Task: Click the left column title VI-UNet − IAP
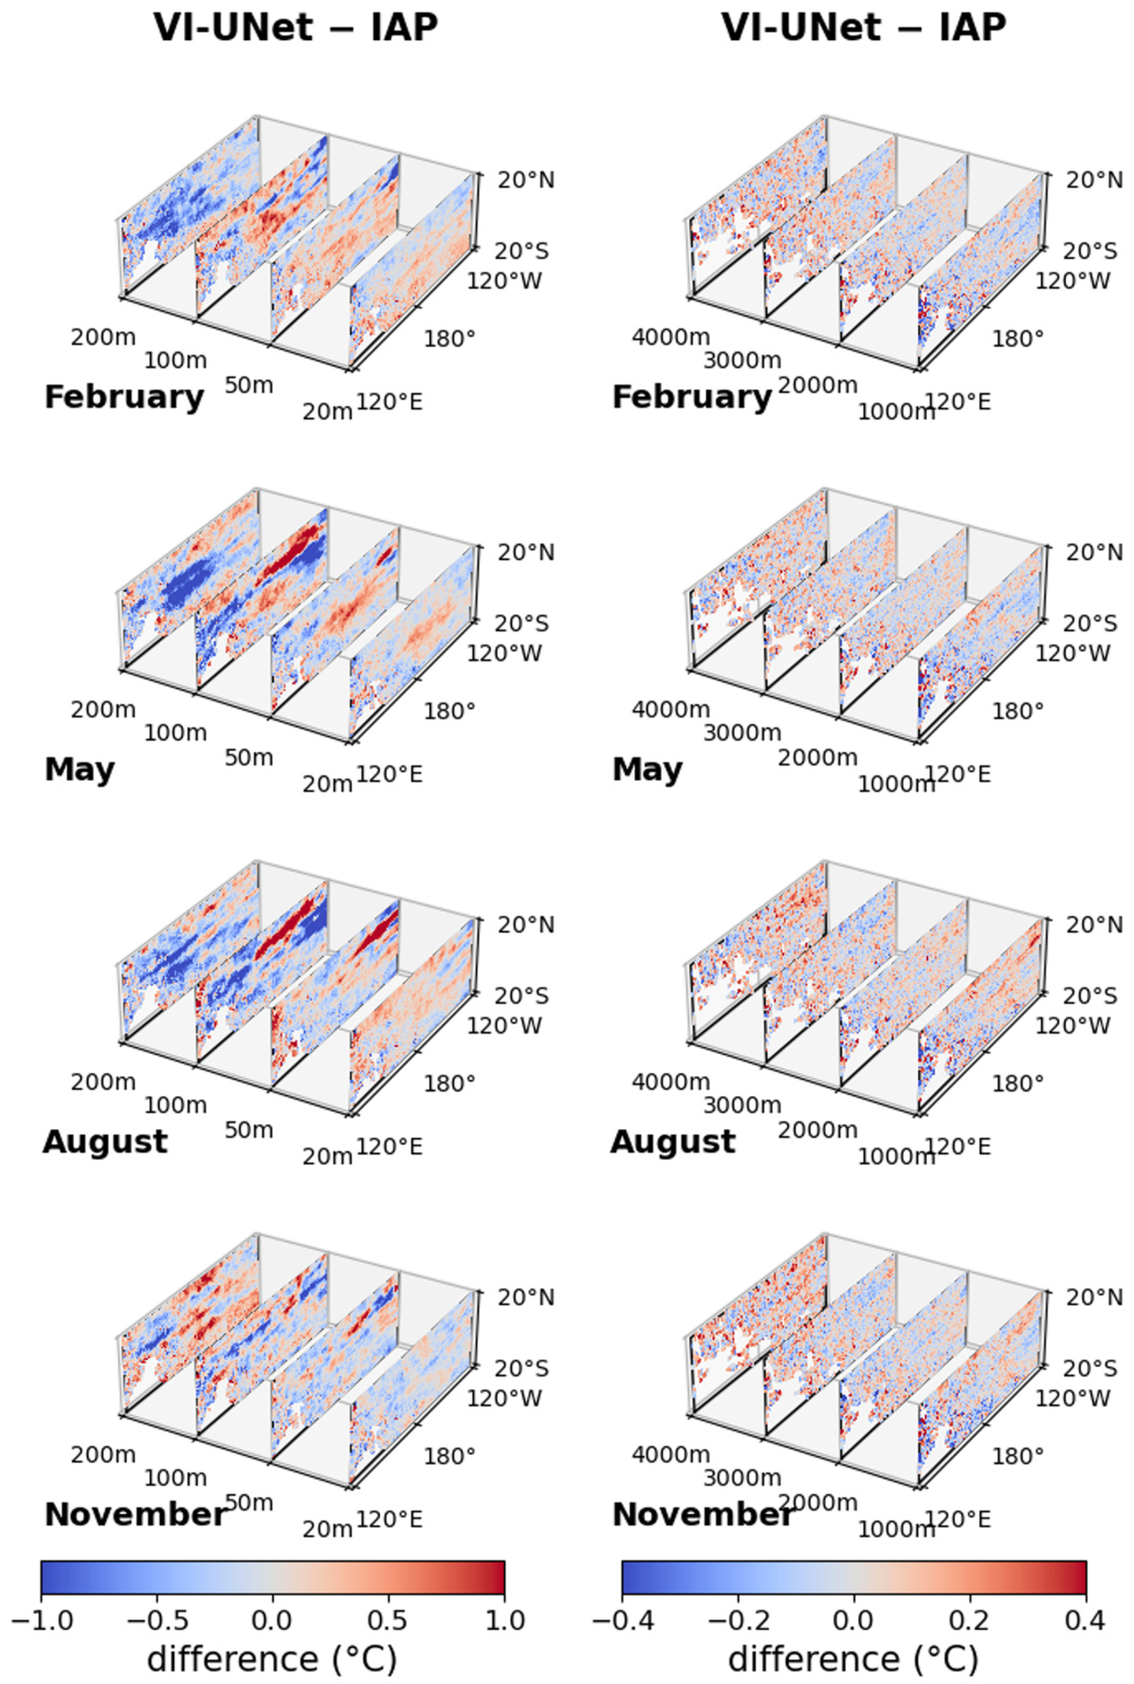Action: (x=295, y=28)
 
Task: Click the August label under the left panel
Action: (x=106, y=1141)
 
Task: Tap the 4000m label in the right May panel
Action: (x=671, y=710)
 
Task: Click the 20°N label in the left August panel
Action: (x=526, y=925)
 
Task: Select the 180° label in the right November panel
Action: (x=1018, y=1455)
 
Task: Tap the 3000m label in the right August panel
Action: (x=742, y=1105)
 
